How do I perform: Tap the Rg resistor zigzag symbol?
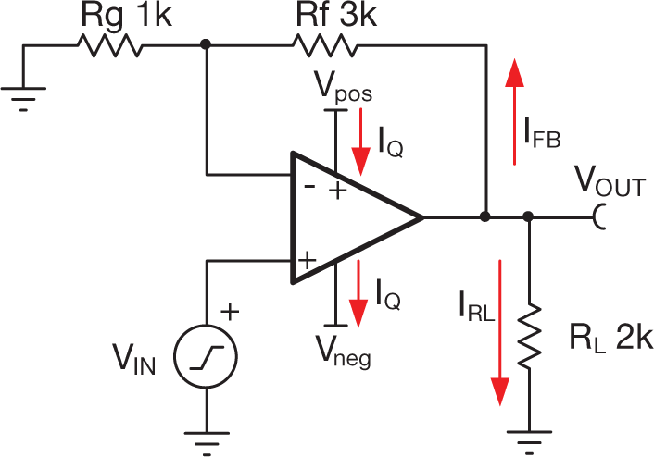click(x=114, y=44)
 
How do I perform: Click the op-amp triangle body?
click(x=347, y=218)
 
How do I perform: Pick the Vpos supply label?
click(x=345, y=92)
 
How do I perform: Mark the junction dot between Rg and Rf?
click(x=205, y=44)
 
